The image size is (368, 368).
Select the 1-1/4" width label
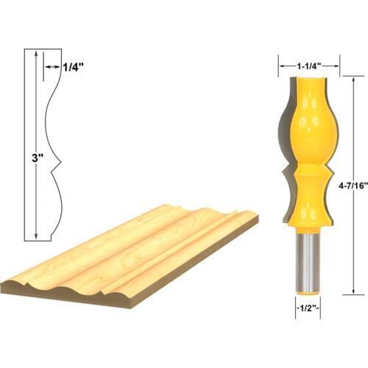(309, 65)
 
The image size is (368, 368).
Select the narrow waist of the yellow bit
(308, 175)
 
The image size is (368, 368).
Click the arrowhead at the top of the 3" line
(34, 55)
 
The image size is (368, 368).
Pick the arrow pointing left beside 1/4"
(48, 66)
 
